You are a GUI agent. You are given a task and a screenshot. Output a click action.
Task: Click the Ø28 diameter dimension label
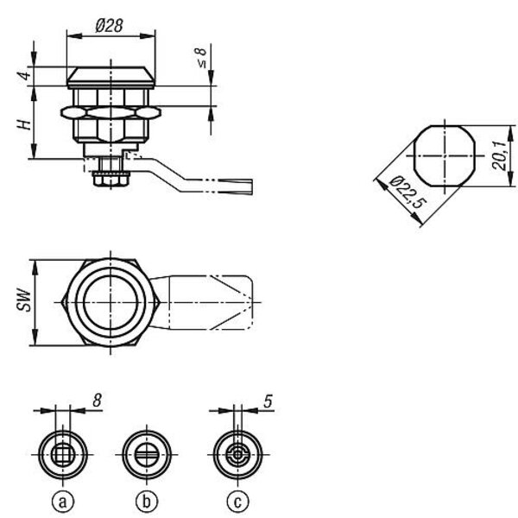(109, 26)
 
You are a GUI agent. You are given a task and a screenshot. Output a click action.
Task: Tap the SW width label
(24, 300)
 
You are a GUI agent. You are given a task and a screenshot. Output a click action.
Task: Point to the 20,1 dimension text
(499, 155)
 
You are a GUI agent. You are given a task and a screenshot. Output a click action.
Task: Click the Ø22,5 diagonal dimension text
(407, 193)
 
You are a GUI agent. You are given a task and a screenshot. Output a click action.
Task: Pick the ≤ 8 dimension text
(200, 58)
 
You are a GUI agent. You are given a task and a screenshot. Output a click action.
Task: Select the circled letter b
(147, 502)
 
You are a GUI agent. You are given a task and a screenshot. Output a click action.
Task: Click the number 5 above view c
(268, 401)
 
